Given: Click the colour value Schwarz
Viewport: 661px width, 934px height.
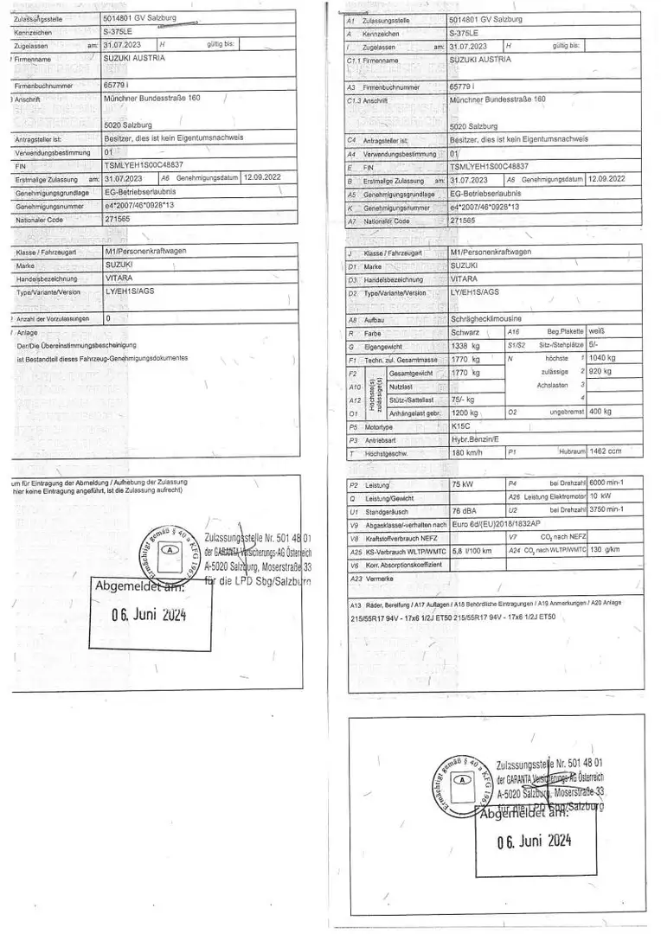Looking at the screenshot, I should pos(466,332).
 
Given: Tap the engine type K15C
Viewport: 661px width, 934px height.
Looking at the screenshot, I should pos(461,426).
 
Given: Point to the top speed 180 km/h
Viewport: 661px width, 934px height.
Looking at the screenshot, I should pos(467,452).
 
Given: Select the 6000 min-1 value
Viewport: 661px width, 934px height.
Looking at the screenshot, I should pos(607,484).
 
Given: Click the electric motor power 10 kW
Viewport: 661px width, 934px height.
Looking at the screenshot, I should pos(600,497).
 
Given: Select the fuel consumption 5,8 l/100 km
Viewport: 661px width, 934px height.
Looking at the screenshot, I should pos(472,551).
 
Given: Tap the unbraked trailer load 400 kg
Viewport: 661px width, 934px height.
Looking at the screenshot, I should pos(601,413).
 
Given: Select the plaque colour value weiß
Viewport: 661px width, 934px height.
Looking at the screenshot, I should pos(596,331).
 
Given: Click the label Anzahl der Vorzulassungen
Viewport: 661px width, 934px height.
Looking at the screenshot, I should pos(53,318).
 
